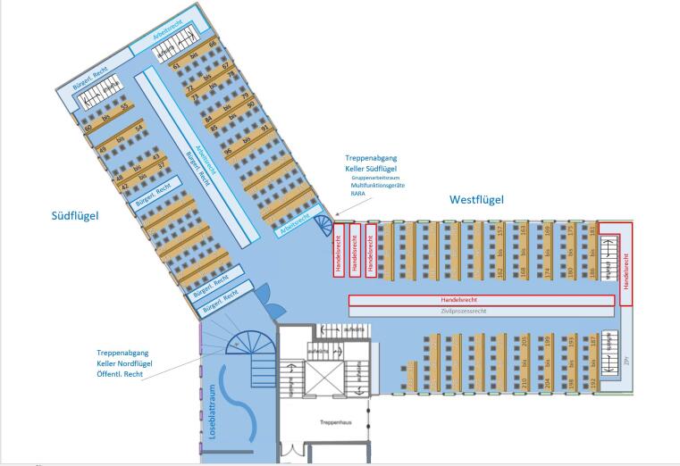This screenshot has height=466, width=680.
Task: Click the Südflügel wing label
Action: [x=74, y=215]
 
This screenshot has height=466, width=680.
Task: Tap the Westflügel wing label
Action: [x=476, y=200]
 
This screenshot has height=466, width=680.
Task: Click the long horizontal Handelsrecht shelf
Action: [x=481, y=299]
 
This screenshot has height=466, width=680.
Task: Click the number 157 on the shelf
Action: [x=500, y=231]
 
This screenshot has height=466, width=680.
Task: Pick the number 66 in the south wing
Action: [x=213, y=44]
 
